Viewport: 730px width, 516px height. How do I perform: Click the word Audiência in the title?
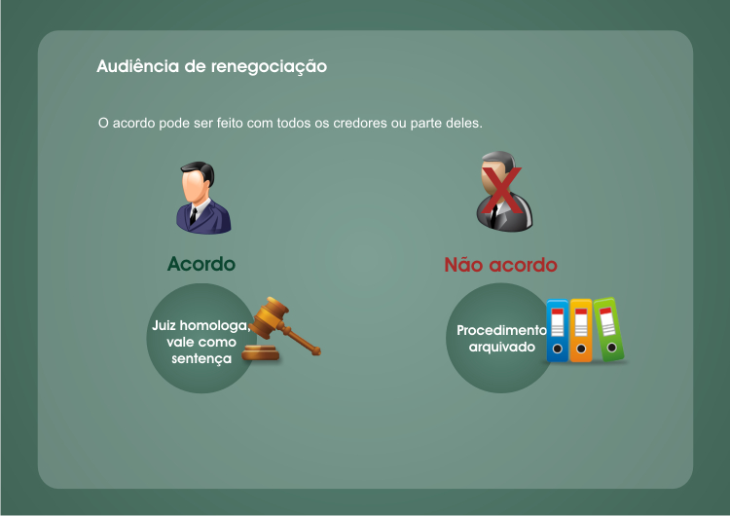(138, 66)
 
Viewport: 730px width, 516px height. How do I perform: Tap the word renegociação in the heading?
(269, 67)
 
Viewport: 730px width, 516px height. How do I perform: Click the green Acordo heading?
(201, 264)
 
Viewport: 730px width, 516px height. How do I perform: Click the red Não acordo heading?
(500, 265)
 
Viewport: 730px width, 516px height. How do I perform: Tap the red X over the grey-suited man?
(502, 190)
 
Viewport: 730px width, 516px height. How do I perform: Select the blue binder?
(558, 330)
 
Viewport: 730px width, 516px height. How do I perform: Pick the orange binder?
(581, 330)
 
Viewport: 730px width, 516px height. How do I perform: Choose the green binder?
(609, 329)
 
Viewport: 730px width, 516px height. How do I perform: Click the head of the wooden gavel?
(269, 317)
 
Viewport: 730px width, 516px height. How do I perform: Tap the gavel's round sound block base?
(261, 353)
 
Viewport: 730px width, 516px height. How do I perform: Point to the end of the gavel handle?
(316, 350)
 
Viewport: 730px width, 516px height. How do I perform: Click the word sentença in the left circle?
(201, 358)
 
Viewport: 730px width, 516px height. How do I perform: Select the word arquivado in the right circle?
(502, 348)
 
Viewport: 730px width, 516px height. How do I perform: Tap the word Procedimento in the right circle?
(501, 330)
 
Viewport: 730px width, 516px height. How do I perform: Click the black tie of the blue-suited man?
(193, 216)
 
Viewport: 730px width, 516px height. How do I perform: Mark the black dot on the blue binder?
(558, 349)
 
